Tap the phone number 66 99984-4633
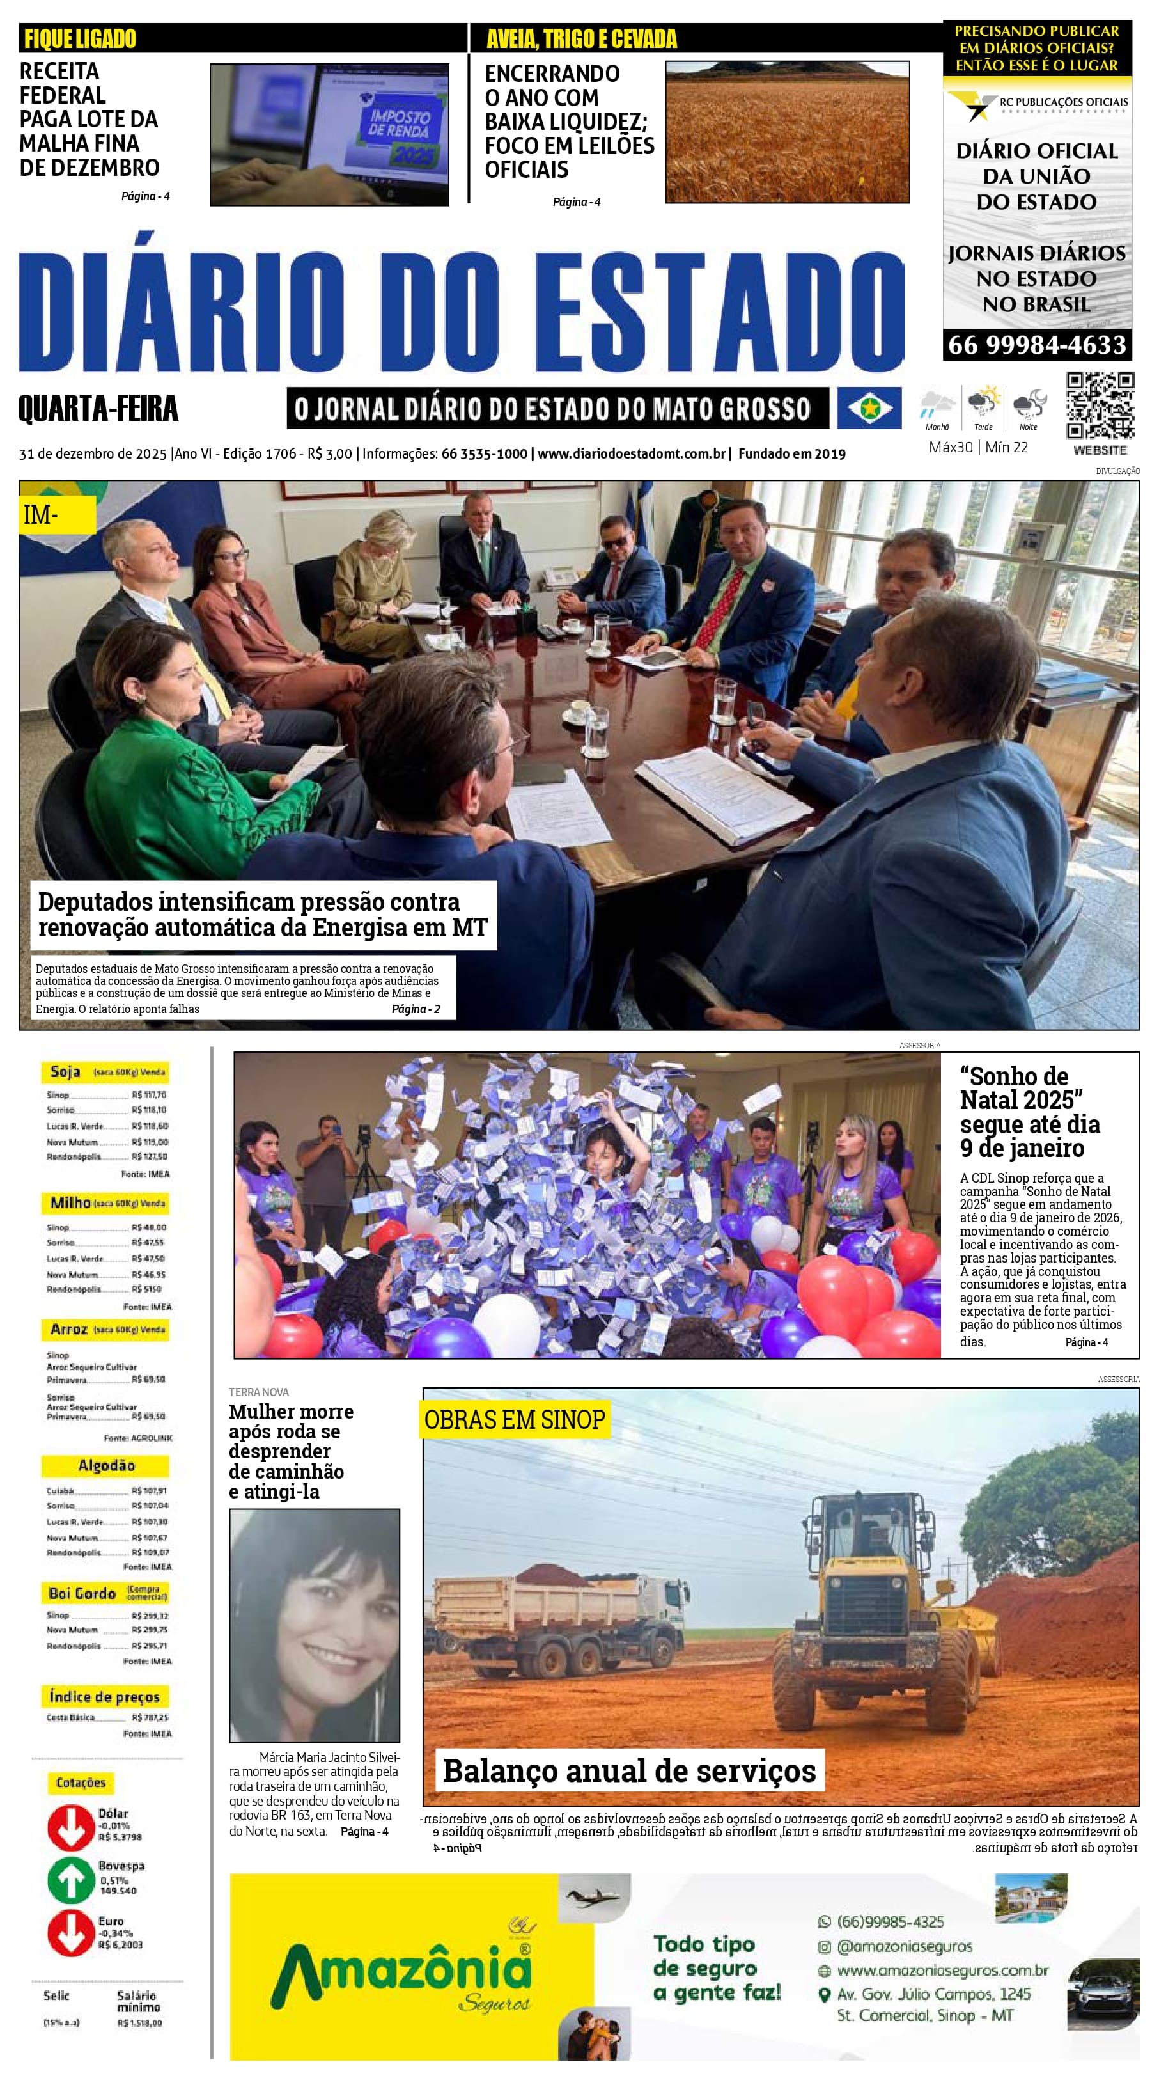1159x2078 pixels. point(1036,345)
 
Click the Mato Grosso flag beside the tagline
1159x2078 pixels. point(869,408)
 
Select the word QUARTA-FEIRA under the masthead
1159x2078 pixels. point(98,409)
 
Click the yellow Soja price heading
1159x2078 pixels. point(105,1072)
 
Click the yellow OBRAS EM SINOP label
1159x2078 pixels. point(514,1420)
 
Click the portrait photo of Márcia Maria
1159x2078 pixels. point(315,1625)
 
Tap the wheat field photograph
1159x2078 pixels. point(786,132)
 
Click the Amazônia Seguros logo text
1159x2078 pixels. point(401,1973)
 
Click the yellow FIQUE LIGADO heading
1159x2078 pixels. point(80,38)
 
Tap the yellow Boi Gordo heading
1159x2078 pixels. point(105,1593)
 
